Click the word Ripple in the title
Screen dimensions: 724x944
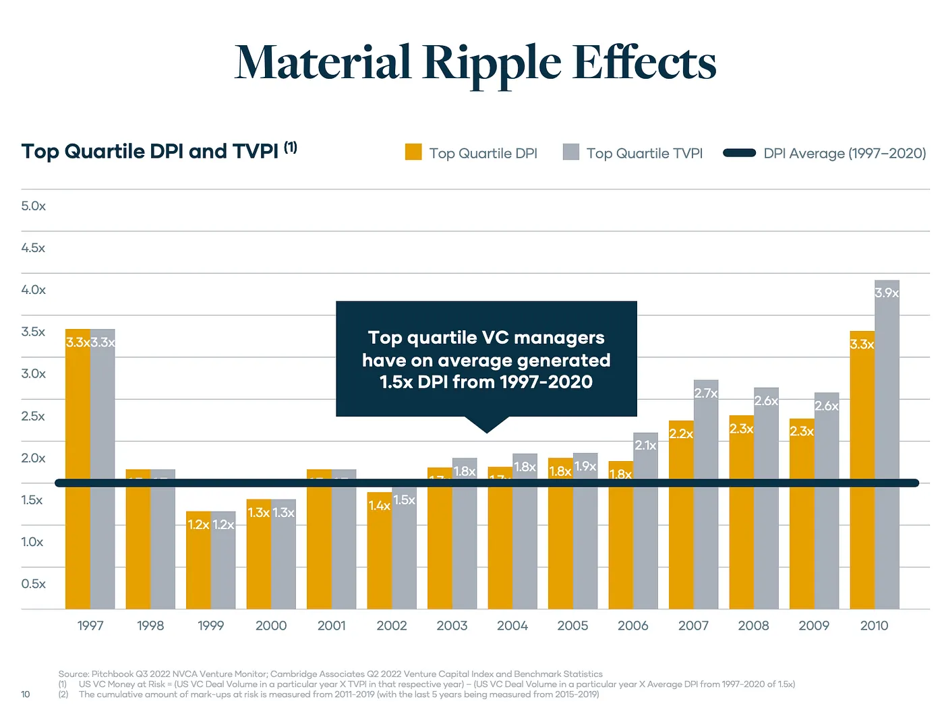coord(492,63)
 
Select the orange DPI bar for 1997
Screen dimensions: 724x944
coord(78,472)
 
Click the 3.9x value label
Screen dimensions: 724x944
coord(887,293)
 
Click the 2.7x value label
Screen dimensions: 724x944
coord(706,393)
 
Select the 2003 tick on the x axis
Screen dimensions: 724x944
coord(452,626)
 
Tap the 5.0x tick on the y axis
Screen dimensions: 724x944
coord(33,206)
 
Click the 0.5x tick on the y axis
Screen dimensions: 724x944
coord(33,584)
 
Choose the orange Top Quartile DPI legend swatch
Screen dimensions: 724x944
coord(413,152)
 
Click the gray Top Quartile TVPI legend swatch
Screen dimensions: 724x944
coord(571,152)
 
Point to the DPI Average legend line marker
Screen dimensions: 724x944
coord(739,153)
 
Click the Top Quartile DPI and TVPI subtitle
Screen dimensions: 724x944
coord(150,151)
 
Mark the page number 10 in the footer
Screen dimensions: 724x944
coord(26,694)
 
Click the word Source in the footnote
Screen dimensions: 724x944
coord(73,673)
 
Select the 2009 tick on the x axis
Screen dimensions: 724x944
coord(814,626)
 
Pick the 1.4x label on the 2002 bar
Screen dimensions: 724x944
coord(379,506)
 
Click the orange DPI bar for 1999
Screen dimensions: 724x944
coord(198,566)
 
